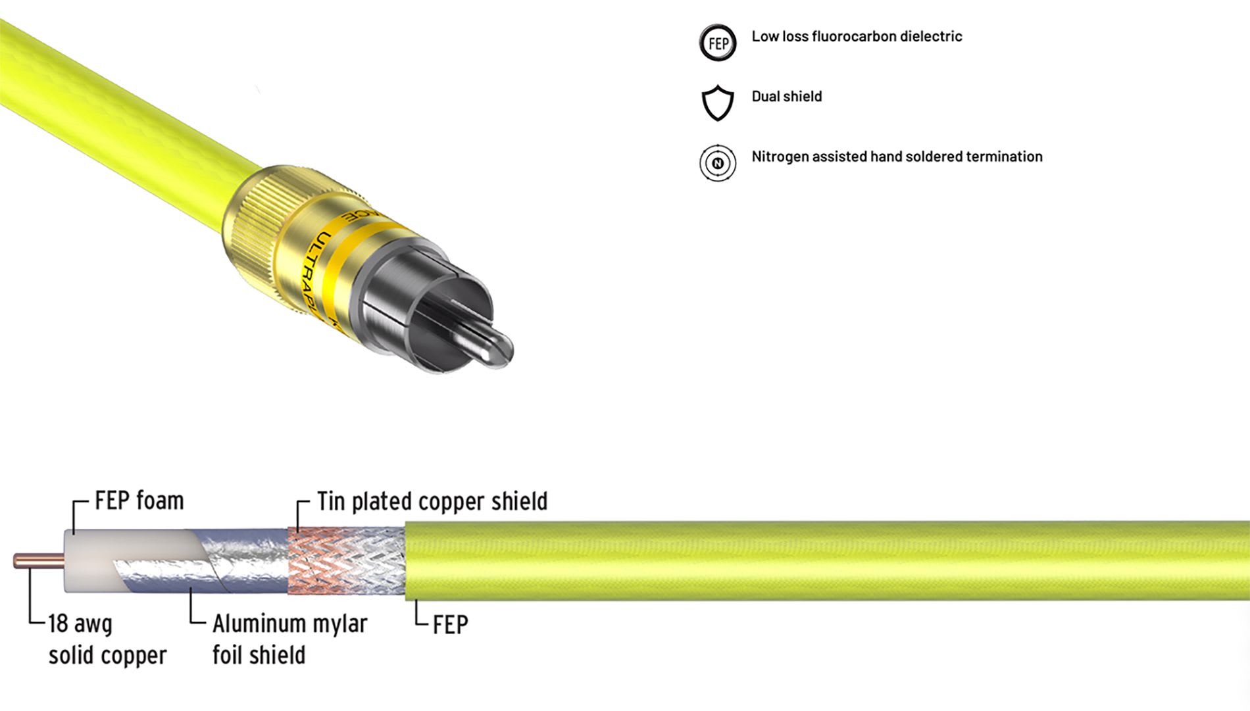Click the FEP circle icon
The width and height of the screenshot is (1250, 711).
(x=717, y=43)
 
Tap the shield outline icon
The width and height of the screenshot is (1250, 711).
(x=717, y=103)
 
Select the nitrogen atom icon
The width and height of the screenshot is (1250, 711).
(x=717, y=163)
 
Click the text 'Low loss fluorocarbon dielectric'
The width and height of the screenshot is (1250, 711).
(x=857, y=37)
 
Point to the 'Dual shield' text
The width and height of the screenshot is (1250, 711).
(x=787, y=97)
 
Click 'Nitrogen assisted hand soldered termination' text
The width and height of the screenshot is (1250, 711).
(x=897, y=157)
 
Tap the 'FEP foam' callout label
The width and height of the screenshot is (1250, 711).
(x=139, y=501)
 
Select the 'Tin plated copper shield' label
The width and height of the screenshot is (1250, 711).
(x=432, y=501)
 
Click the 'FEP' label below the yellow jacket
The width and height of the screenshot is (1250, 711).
(x=451, y=625)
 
